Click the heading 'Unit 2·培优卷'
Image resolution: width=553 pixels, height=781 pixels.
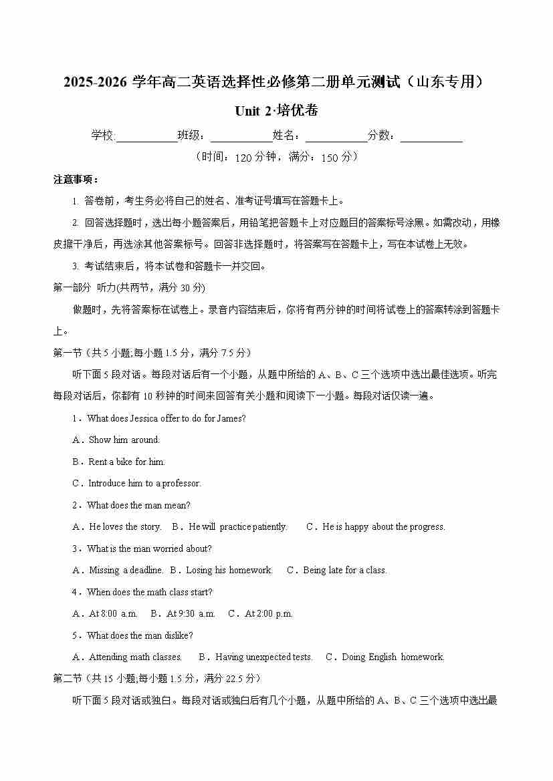coord(276,111)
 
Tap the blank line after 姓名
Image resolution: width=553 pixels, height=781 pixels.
coord(336,137)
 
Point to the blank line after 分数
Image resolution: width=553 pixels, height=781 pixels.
coord(431,137)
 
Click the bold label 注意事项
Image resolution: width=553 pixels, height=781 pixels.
coord(76,180)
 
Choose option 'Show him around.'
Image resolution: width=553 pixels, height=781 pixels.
coord(124,440)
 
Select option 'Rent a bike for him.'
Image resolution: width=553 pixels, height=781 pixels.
coord(126,462)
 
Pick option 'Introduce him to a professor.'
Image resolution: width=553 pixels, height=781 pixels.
coord(144,484)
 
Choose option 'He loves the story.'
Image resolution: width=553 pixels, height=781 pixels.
coord(124,527)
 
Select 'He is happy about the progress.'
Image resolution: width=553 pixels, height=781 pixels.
coord(383,527)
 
